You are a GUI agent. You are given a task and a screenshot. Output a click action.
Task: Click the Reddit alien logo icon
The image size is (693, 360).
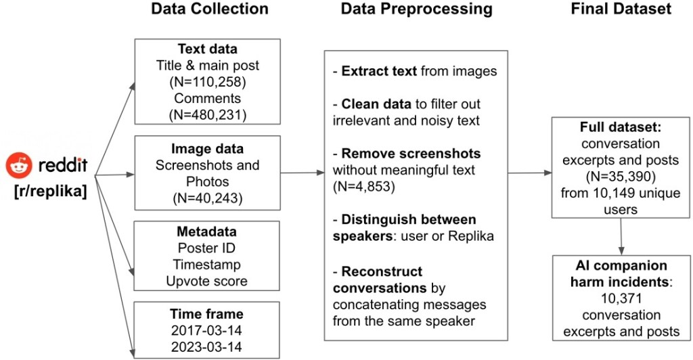pyautogui.click(x=18, y=164)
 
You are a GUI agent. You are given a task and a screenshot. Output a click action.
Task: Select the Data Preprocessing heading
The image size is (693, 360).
pyautogui.click(x=416, y=9)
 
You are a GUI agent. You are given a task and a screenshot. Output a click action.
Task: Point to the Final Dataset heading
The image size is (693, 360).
pyautogui.click(x=621, y=9)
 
